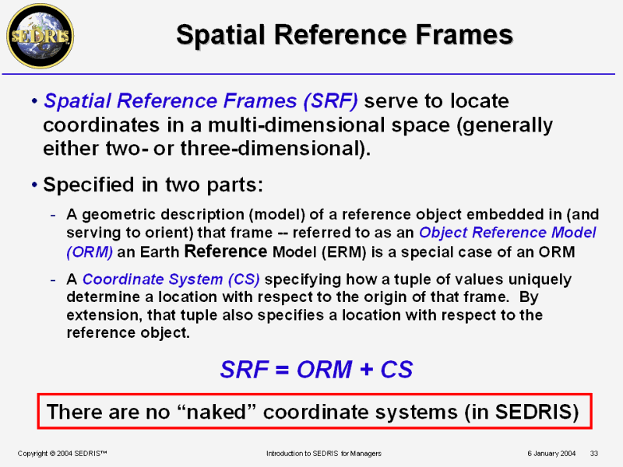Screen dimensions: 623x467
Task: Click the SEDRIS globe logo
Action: click(40, 36)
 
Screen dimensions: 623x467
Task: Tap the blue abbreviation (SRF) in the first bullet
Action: click(330, 101)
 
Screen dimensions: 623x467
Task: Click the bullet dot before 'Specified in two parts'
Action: click(34, 184)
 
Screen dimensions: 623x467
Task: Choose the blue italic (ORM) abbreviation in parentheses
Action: click(90, 252)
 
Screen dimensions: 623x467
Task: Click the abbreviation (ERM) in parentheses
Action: click(343, 252)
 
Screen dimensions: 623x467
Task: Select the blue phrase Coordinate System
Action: click(153, 279)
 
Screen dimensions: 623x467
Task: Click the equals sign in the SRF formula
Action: click(282, 370)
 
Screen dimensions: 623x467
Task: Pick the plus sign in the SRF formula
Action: click(366, 369)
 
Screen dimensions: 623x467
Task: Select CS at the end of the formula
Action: click(396, 369)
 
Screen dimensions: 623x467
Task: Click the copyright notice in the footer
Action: click(62, 454)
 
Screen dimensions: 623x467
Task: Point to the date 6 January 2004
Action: click(551, 454)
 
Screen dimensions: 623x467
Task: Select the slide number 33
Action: click(594, 454)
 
